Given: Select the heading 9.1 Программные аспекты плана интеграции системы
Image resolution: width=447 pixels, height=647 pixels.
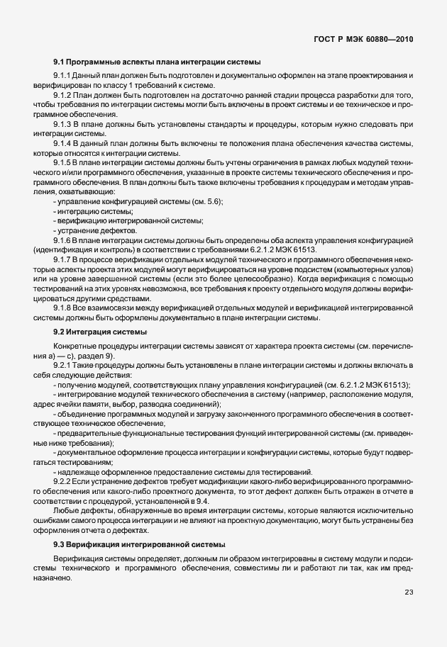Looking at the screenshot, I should (x=157, y=62).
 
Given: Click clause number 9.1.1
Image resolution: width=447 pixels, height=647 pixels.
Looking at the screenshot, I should (x=62, y=76).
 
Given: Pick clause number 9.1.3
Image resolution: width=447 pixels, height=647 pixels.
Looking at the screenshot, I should (x=62, y=124).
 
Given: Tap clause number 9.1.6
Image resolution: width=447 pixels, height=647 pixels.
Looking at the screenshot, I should (x=62, y=240).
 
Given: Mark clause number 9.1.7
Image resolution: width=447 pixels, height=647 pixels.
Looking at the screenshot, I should (x=62, y=260).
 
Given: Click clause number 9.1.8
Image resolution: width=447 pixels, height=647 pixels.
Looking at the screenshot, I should (x=62, y=308).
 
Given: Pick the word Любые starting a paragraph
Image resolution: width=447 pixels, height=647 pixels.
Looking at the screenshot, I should (x=65, y=511).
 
